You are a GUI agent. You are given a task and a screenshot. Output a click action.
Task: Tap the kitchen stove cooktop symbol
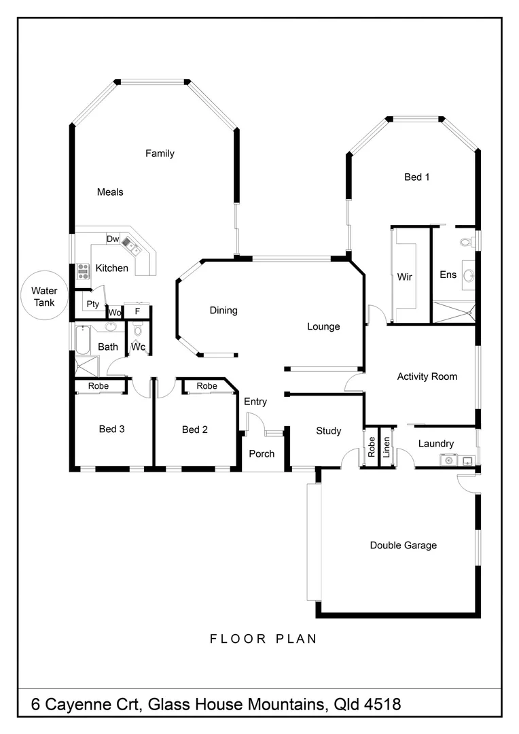click(x=83, y=271)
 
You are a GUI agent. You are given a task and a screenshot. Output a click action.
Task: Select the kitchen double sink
click(x=129, y=244)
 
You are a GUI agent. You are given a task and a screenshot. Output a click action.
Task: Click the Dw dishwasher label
click(x=113, y=239)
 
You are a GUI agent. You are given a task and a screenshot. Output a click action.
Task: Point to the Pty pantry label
click(x=92, y=304)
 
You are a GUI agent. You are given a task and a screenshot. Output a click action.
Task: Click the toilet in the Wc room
click(x=137, y=331)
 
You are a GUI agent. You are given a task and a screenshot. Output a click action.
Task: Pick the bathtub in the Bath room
click(x=82, y=340)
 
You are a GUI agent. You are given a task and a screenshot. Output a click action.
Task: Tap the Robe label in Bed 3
click(x=99, y=386)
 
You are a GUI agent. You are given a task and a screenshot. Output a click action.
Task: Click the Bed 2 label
click(x=194, y=430)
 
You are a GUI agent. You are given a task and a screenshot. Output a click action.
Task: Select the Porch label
click(x=262, y=453)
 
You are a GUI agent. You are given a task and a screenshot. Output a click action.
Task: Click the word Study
click(x=329, y=431)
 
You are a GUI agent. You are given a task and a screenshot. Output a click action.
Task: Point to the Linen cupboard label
click(x=387, y=448)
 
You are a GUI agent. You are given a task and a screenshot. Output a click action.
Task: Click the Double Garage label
click(x=403, y=545)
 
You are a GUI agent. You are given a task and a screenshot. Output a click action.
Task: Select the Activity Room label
click(x=427, y=377)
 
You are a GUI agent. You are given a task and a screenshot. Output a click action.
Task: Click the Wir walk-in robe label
click(x=404, y=277)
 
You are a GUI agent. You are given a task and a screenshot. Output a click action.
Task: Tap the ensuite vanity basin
click(x=468, y=275)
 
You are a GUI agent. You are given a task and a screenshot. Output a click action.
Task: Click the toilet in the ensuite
click(x=466, y=241)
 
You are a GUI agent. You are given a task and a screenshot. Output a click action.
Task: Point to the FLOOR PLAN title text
click(x=264, y=639)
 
